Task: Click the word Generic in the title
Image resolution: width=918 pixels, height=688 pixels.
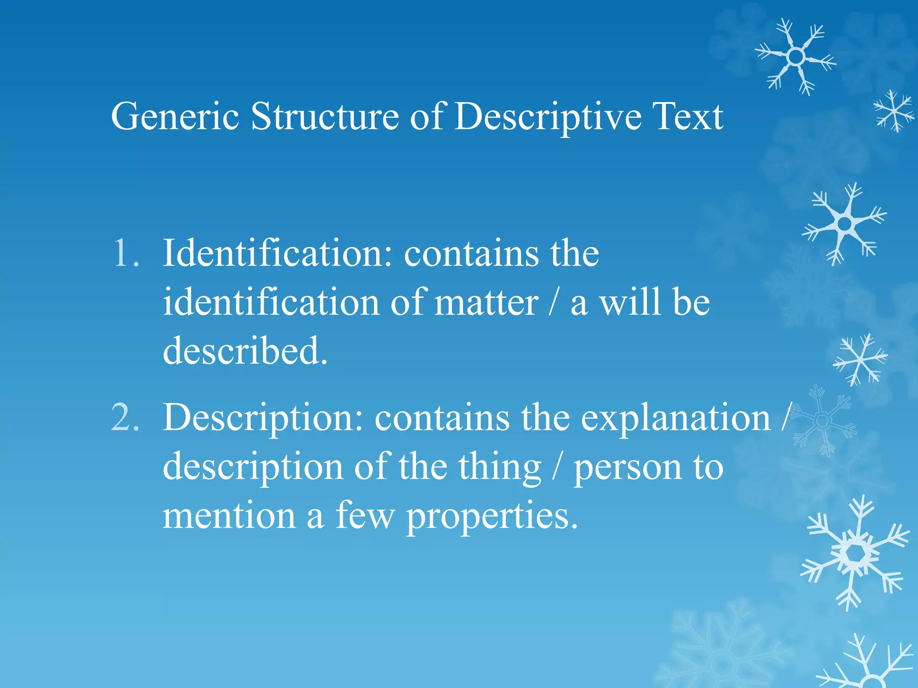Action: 175,116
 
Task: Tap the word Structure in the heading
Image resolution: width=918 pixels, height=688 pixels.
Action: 325,116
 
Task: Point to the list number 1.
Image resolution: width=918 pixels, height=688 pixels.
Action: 125,254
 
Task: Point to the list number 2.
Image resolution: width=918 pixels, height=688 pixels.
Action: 125,417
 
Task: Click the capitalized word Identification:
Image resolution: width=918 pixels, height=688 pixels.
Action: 277,254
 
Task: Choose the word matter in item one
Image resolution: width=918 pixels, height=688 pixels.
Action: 486,303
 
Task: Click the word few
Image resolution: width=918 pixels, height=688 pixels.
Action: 365,515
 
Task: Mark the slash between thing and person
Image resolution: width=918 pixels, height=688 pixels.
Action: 557,467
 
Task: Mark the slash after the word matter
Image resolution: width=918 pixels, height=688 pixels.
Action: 554,303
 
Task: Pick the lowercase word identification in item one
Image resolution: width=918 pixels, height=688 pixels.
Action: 270,303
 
